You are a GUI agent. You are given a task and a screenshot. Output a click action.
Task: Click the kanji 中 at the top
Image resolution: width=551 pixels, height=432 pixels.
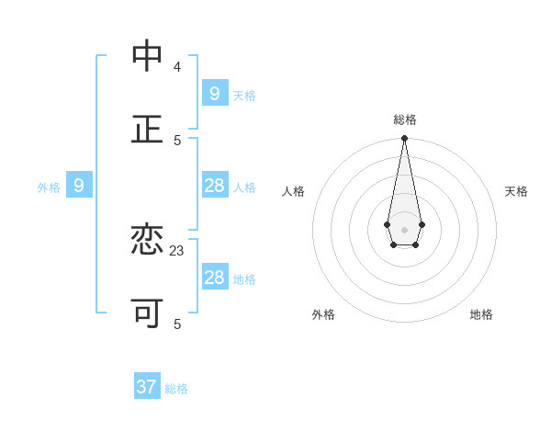147,57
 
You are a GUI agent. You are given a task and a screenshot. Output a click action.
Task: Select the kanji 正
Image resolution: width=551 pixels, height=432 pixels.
147,130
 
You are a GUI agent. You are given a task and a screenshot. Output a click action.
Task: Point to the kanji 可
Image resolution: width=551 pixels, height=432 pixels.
147,313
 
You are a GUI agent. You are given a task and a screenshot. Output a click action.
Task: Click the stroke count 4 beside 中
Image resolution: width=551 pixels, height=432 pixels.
177,67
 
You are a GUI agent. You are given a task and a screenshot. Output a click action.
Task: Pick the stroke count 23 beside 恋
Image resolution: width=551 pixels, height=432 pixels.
177,250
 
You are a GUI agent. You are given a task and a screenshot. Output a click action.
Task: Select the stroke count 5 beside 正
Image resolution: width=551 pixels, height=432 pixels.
177,140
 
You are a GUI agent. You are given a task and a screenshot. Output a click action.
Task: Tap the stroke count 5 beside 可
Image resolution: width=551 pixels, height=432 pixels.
177,324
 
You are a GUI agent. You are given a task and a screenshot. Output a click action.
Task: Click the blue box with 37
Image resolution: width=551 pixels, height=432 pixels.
147,387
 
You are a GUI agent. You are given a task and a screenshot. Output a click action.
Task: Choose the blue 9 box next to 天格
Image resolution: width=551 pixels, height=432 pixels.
214,94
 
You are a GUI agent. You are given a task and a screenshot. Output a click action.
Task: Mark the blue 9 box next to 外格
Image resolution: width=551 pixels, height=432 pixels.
79,186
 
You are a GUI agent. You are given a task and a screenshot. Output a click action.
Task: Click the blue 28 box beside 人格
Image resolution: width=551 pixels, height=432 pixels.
214,186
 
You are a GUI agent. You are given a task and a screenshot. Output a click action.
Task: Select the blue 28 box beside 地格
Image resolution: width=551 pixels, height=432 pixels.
214,278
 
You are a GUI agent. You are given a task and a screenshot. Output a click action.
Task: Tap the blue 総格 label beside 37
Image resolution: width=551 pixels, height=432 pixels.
176,389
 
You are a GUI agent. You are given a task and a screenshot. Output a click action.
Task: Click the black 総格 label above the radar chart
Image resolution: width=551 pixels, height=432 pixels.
405,119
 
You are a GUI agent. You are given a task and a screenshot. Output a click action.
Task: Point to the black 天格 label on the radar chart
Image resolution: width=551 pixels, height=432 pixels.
516,191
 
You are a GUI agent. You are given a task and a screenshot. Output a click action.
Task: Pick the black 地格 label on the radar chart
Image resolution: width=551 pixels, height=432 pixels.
481,314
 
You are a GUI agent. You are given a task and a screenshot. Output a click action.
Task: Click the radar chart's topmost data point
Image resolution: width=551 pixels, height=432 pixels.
404,139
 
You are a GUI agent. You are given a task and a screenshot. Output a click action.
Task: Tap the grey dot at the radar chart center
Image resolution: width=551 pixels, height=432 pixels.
404,230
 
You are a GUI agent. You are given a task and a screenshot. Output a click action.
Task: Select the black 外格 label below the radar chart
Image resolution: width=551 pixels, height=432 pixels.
323,314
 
